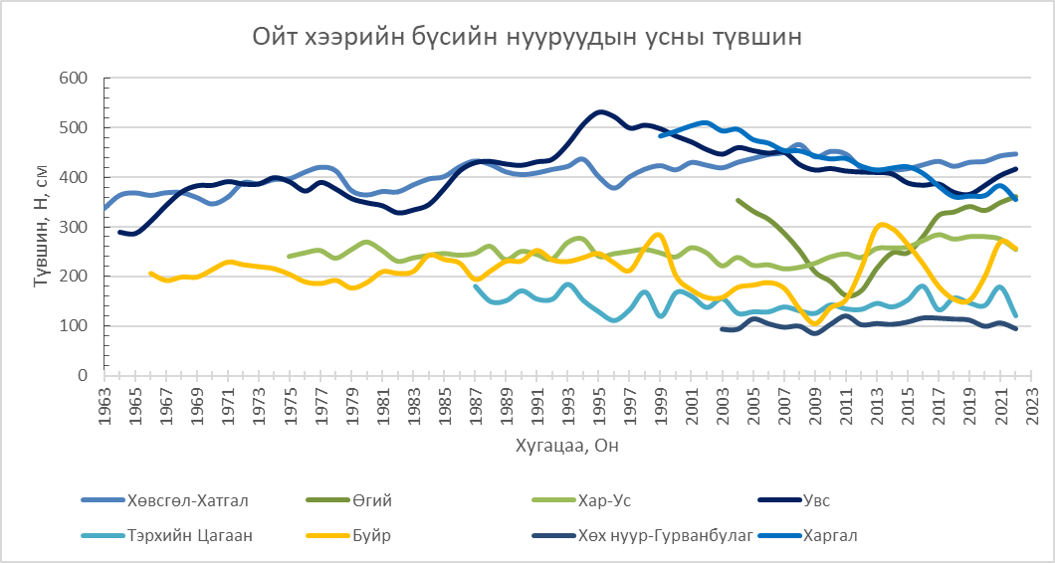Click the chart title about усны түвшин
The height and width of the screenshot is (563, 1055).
coord(527,39)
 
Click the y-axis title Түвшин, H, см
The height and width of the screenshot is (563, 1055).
coord(42,228)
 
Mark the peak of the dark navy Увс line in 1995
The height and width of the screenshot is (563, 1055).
coord(599,111)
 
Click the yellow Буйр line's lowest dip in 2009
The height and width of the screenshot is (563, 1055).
coord(816,323)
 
